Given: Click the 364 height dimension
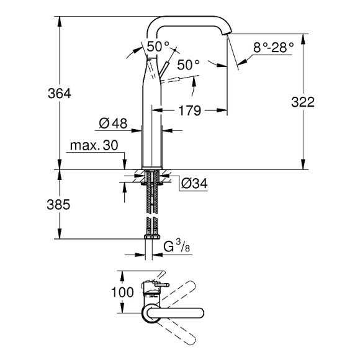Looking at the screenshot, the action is pyautogui.click(x=60, y=94).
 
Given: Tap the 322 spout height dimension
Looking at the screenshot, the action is pyautogui.click(x=303, y=102).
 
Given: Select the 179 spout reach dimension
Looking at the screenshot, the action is pyautogui.click(x=190, y=110).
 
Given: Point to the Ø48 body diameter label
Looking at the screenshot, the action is pyautogui.click(x=113, y=124).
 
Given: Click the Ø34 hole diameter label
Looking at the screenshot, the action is pyautogui.click(x=194, y=184).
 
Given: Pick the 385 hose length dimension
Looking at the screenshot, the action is pyautogui.click(x=58, y=205).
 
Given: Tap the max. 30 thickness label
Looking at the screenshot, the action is pyautogui.click(x=94, y=145).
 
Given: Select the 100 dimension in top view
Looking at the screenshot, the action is pyautogui.click(x=122, y=292).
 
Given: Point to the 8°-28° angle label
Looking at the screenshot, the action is pyautogui.click(x=274, y=48).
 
